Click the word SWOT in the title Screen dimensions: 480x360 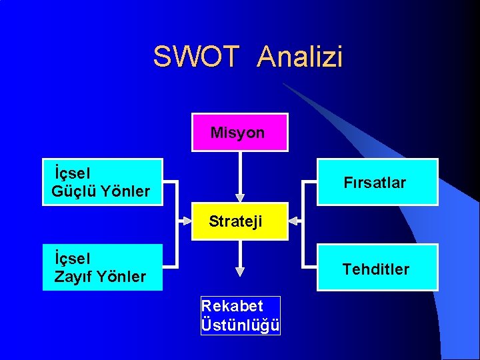pos(195,57)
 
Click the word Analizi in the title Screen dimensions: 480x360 pos(300,57)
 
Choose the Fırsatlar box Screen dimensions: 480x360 pos(377,182)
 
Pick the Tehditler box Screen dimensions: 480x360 pos(377,268)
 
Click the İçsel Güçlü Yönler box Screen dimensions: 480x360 pos(103,182)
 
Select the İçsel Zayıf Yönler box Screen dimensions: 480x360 pos(103,267)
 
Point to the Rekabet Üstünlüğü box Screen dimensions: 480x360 pos(241,316)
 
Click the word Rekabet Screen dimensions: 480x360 pos(232,307)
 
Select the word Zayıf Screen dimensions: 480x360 pos(73,277)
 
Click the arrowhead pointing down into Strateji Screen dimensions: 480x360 pos(240,198)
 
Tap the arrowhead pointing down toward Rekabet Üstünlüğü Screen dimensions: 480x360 pos(240,271)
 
